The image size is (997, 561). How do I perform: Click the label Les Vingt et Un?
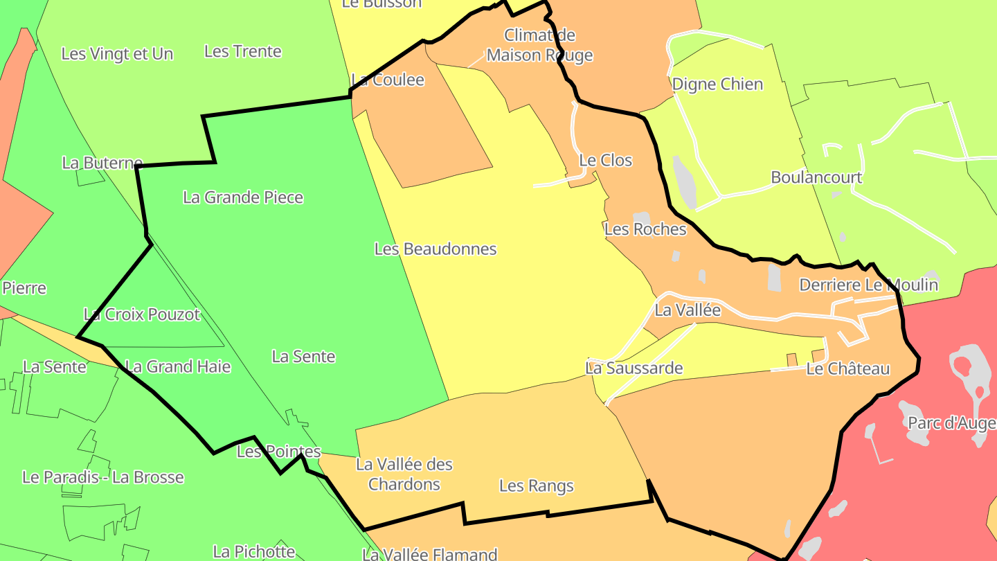[117, 54]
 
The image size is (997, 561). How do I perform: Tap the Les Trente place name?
[243, 51]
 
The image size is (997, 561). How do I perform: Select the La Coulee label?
[388, 80]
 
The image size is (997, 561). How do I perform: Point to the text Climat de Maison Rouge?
[540, 45]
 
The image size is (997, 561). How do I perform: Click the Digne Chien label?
[718, 84]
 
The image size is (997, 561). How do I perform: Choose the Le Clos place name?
[606, 160]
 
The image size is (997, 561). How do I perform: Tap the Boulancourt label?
[817, 177]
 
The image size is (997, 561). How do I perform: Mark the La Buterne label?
[102, 163]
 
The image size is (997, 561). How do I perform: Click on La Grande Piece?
[243, 197]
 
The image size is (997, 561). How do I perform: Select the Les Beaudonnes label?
[435, 249]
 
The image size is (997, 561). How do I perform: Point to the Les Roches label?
[645, 229]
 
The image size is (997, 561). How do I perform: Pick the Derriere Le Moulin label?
[869, 285]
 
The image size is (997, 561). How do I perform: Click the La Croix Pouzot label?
[142, 314]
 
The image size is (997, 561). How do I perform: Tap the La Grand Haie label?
[178, 366]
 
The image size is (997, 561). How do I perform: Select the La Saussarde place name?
[634, 368]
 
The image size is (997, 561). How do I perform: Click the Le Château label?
[848, 368]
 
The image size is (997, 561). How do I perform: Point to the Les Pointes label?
[279, 452]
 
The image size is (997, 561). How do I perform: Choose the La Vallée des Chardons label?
[404, 474]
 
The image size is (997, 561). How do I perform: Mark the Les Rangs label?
[537, 486]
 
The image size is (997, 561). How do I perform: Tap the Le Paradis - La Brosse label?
[103, 477]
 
